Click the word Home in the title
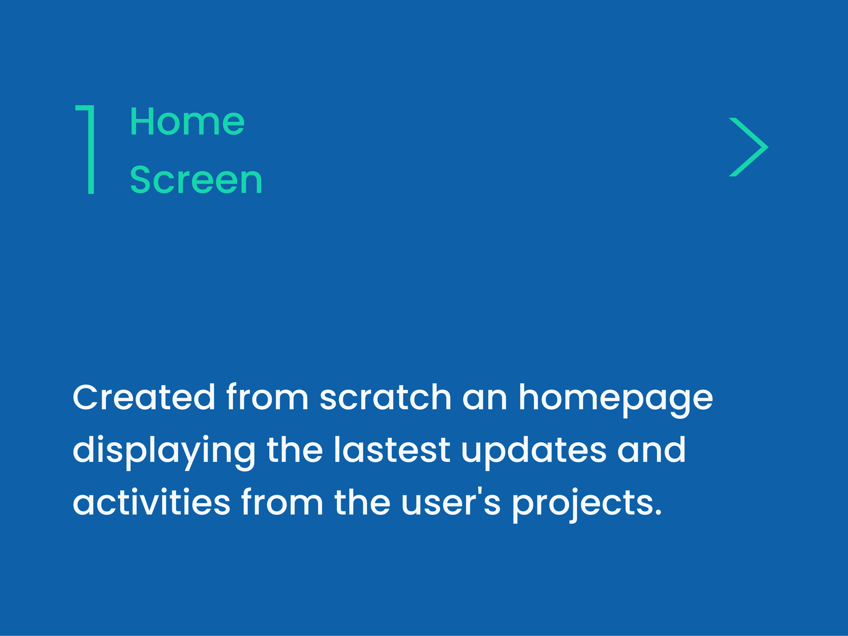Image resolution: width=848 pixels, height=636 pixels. pyautogui.click(x=187, y=121)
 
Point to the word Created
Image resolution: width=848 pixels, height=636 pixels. pyautogui.click(x=144, y=397)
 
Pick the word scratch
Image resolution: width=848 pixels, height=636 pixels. pyautogui.click(x=385, y=397)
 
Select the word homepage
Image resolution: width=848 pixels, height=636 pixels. pyautogui.click(x=616, y=400)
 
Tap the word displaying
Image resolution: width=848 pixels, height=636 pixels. pyautogui.click(x=164, y=453)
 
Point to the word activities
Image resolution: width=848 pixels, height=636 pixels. pyautogui.click(x=151, y=502)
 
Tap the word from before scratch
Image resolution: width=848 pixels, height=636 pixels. pyautogui.click(x=267, y=397)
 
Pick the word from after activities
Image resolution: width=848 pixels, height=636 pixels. pyautogui.click(x=282, y=502)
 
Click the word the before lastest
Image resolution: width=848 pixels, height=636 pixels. pyautogui.click(x=295, y=450)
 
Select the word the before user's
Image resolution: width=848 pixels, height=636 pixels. pyautogui.click(x=363, y=502)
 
